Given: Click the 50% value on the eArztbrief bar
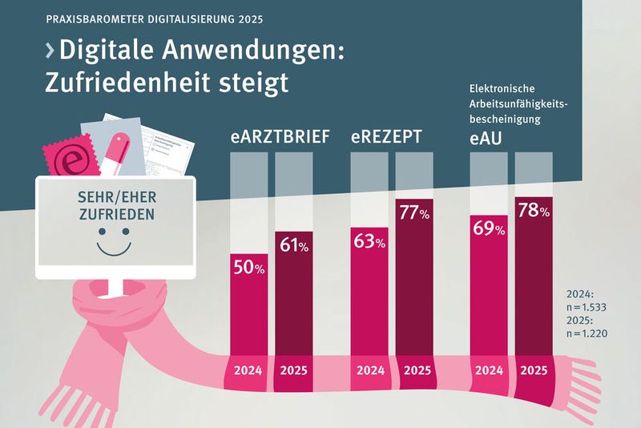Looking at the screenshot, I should [x=249, y=269].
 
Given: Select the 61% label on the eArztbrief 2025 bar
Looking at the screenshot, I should [x=294, y=246].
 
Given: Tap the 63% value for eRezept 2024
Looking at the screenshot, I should [x=369, y=241].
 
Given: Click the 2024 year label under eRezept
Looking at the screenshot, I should [x=369, y=371].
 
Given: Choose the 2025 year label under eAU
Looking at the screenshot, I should [x=534, y=371].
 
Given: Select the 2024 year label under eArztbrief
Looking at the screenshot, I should [x=249, y=371].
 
